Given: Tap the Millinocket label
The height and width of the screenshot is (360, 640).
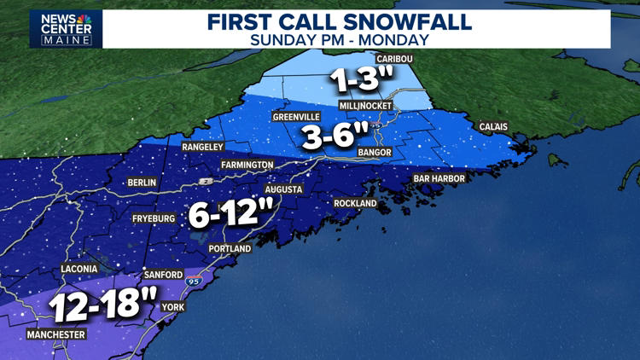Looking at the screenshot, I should click(364, 105).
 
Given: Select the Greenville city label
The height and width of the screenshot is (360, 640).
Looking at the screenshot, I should click(297, 117).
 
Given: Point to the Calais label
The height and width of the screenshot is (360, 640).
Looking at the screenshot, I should click(493, 127).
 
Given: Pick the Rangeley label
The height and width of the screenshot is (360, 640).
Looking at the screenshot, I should click(203, 147).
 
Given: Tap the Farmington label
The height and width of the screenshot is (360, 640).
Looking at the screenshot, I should click(247, 165).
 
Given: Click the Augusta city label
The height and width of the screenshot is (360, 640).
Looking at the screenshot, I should click(284, 189).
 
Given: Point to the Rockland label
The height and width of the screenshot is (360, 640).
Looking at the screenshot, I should click(356, 204).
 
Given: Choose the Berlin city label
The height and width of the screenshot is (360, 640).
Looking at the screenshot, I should click(142, 183).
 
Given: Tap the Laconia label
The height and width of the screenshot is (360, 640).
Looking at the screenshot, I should click(84, 270).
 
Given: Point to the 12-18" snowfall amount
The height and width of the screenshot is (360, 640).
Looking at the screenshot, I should click(104, 305).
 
